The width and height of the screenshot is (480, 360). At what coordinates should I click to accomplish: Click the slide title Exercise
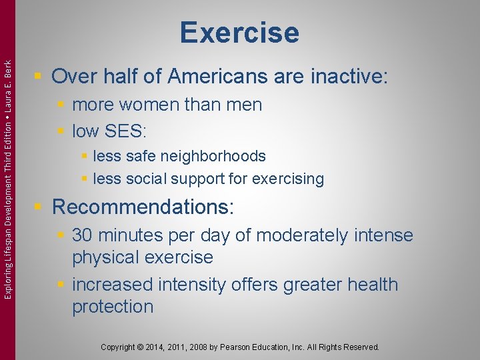(x=239, y=32)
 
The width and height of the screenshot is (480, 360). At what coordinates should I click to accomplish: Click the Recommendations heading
(x=143, y=207)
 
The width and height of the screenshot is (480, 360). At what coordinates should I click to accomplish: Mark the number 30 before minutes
(x=82, y=235)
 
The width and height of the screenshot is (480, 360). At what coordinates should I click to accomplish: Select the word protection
(x=113, y=307)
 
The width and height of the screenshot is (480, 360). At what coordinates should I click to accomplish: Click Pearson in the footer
(x=246, y=347)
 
